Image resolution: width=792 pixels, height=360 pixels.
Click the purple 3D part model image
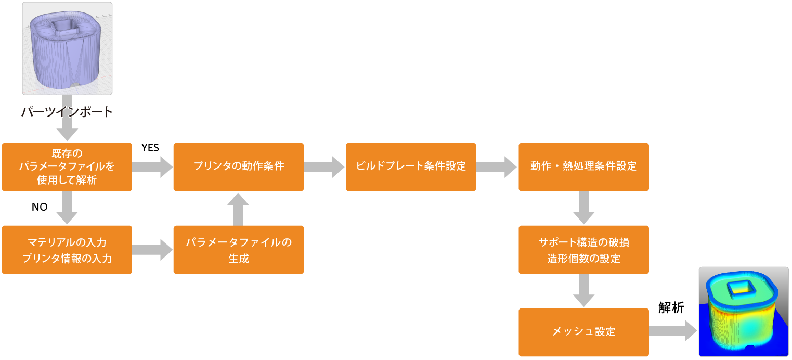pyautogui.click(x=67, y=48)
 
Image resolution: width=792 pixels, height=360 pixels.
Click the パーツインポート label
pyautogui.click(x=67, y=112)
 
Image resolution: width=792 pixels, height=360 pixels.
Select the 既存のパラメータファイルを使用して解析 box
pyautogui.click(x=67, y=167)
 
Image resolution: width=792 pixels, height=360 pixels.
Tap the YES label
pyautogui.click(x=150, y=148)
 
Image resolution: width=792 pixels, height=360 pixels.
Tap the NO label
pyautogui.click(x=40, y=207)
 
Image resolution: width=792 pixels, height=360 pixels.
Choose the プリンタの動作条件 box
pyautogui.click(x=239, y=167)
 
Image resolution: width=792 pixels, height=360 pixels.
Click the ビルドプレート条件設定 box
pyautogui.click(x=411, y=167)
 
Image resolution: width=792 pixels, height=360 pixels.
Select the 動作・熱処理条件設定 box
pyautogui.click(x=583, y=167)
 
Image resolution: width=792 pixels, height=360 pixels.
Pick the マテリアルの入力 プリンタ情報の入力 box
pyautogui.click(x=67, y=250)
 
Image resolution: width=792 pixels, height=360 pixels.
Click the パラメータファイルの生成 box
pyautogui.click(x=239, y=250)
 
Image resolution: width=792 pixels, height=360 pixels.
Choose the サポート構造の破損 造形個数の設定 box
pyautogui.click(x=583, y=250)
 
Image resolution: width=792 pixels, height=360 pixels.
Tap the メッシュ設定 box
pyautogui.click(x=583, y=332)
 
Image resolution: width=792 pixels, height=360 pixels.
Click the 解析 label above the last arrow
pyautogui.click(x=671, y=307)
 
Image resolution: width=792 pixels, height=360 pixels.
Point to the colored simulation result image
pyautogui.click(x=743, y=311)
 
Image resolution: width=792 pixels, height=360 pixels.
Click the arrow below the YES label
pyautogui.click(x=152, y=167)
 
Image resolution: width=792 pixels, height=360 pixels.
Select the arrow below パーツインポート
pyautogui.click(x=67, y=125)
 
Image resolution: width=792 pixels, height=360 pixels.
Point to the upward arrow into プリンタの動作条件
pyautogui.click(x=239, y=208)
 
